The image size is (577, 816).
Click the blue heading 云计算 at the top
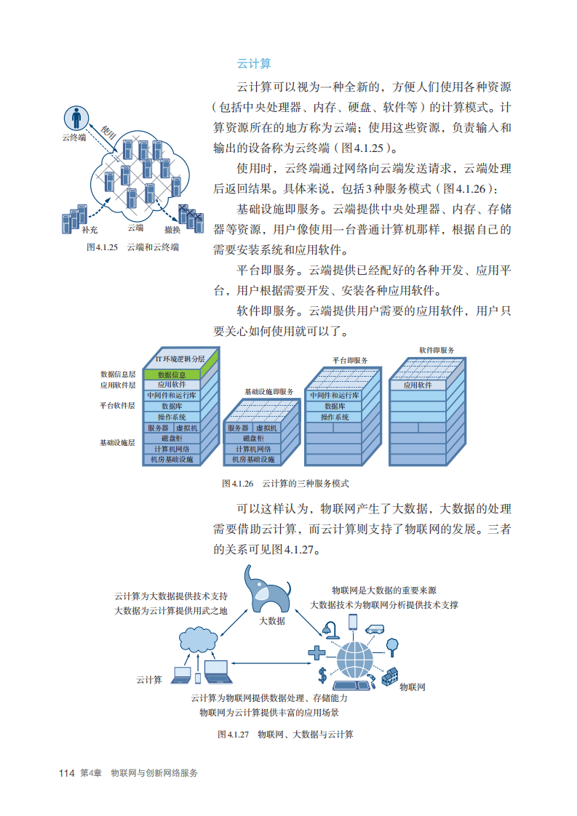[x=254, y=63]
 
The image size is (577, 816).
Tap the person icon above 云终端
[x=75, y=117]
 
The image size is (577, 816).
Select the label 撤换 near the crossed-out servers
[x=172, y=229]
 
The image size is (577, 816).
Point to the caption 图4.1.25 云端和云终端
[x=132, y=247]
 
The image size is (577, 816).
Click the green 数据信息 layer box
[x=172, y=375]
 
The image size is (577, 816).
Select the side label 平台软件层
[x=117, y=405]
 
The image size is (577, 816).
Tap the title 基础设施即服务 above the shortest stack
[x=268, y=391]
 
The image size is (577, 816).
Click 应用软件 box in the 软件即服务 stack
[x=418, y=385]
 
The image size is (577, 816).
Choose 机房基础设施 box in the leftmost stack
[x=172, y=460]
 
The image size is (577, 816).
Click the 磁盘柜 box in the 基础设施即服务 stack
[x=252, y=439]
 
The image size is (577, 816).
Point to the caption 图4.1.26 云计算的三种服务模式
[x=285, y=483]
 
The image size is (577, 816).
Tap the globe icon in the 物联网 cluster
[x=356, y=657]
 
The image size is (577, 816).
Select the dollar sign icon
[x=322, y=674]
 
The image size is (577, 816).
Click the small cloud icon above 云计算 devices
[x=197, y=639]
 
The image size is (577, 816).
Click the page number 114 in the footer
[x=67, y=773]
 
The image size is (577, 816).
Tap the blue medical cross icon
[x=318, y=652]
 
